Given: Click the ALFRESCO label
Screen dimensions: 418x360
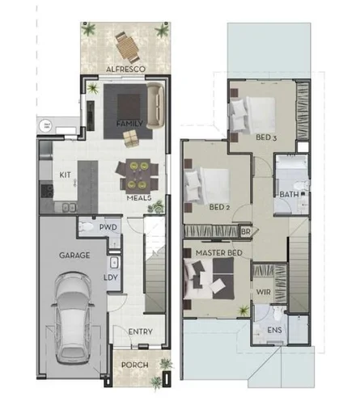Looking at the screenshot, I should (125, 70).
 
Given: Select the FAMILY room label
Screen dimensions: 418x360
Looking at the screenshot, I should (129, 123).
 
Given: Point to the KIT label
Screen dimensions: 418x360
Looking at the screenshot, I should (66, 174).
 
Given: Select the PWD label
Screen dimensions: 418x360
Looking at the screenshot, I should (108, 228).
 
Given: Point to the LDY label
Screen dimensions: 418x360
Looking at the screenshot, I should (110, 277).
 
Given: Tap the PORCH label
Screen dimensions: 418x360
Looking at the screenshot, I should (134, 365).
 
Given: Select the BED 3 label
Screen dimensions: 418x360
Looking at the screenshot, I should (267, 137).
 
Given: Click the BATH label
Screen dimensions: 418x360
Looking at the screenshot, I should (288, 194).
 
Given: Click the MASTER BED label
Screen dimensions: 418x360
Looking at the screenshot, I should (219, 253).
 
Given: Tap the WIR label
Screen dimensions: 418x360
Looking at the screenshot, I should (264, 291).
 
